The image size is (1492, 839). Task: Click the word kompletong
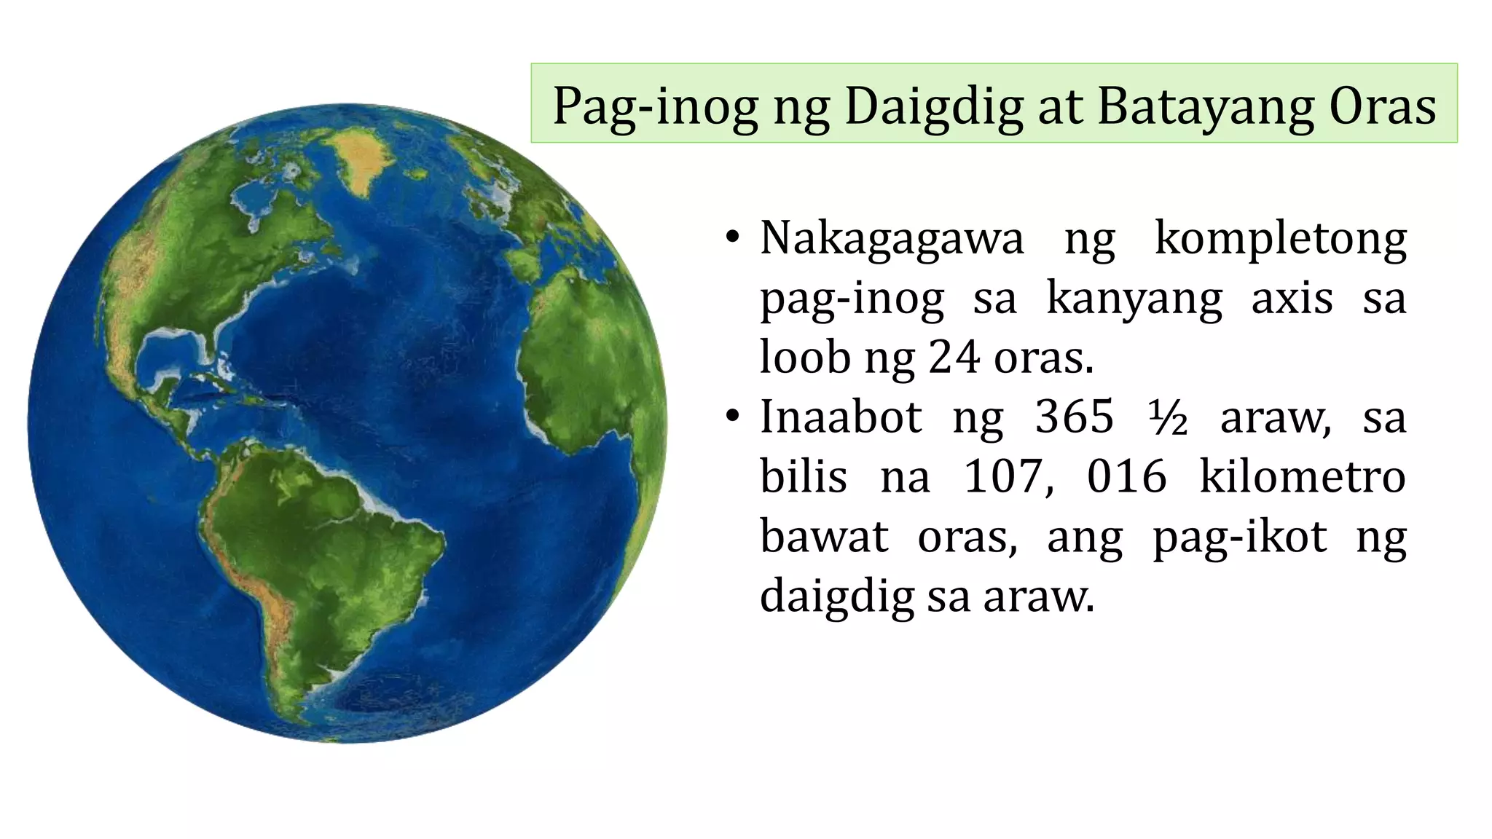1281,239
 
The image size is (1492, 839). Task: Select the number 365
1075,417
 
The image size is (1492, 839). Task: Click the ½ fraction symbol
1168,419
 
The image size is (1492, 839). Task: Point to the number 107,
1009,478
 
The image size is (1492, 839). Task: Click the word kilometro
1303,477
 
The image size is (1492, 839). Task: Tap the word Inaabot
841,417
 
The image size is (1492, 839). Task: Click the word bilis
804,477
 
